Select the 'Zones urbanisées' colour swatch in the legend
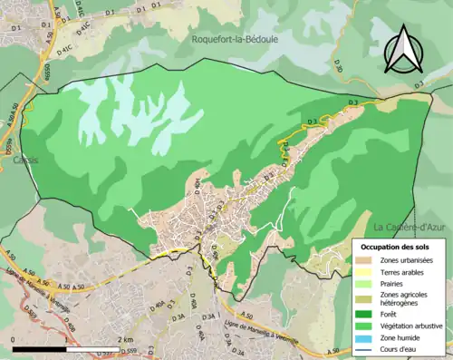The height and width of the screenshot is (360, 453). pos(366,261)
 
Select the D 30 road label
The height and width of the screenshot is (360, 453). pos(338,66)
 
